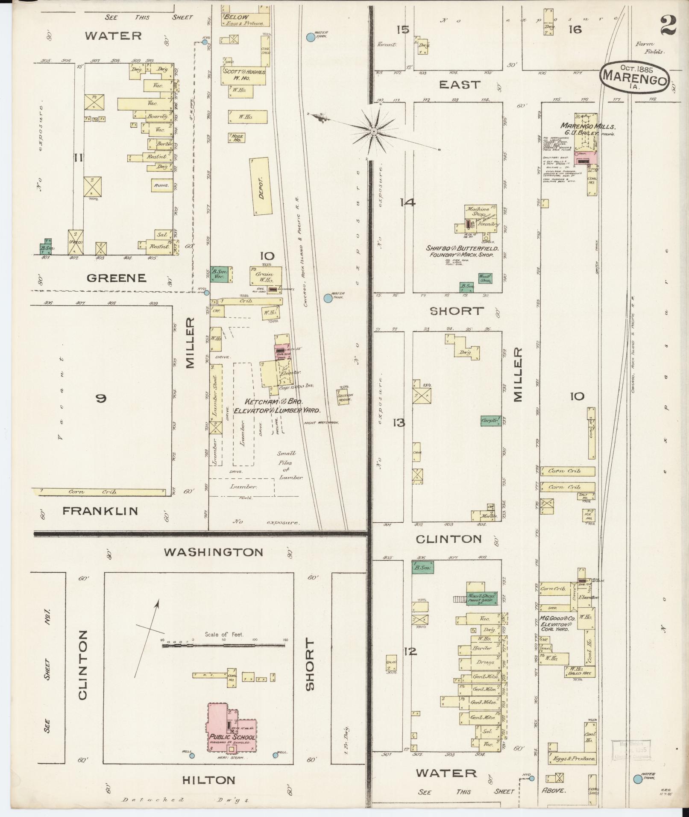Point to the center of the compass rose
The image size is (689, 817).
374,131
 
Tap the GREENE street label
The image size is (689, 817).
117,278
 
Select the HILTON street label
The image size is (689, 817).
208,780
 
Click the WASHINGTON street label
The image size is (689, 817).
214,552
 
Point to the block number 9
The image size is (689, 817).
101,398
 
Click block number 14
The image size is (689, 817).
408,202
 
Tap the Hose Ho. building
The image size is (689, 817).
237,138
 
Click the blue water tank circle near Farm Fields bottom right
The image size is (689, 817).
638,779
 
